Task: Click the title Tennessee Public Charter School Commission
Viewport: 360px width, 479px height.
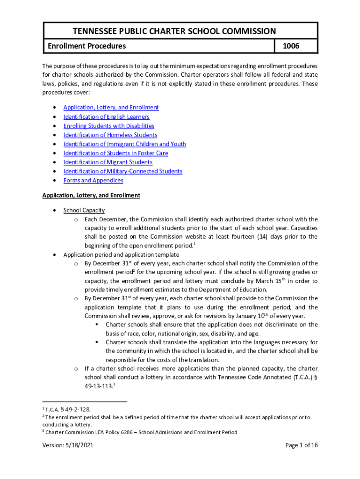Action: click(x=174, y=31)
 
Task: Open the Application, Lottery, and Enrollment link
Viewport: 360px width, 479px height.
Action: click(x=111, y=108)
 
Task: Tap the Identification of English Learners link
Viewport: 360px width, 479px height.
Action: click(x=106, y=117)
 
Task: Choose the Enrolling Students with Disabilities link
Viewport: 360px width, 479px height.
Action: click(x=108, y=126)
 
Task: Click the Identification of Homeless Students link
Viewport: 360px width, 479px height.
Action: click(x=110, y=135)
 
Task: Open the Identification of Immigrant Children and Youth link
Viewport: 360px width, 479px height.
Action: click(x=124, y=144)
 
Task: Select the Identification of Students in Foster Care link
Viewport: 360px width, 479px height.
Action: click(x=115, y=153)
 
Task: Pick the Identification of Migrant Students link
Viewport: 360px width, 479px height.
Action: click(x=108, y=162)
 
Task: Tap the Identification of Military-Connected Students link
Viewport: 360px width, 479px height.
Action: click(x=122, y=172)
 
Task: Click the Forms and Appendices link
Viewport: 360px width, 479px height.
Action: click(x=93, y=181)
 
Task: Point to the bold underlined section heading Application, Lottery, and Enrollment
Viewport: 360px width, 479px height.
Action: click(x=91, y=195)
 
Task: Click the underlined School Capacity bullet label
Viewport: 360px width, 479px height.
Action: click(x=84, y=210)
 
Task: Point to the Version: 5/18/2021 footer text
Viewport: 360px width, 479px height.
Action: click(x=69, y=458)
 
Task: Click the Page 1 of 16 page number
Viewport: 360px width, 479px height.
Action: click(x=302, y=458)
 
